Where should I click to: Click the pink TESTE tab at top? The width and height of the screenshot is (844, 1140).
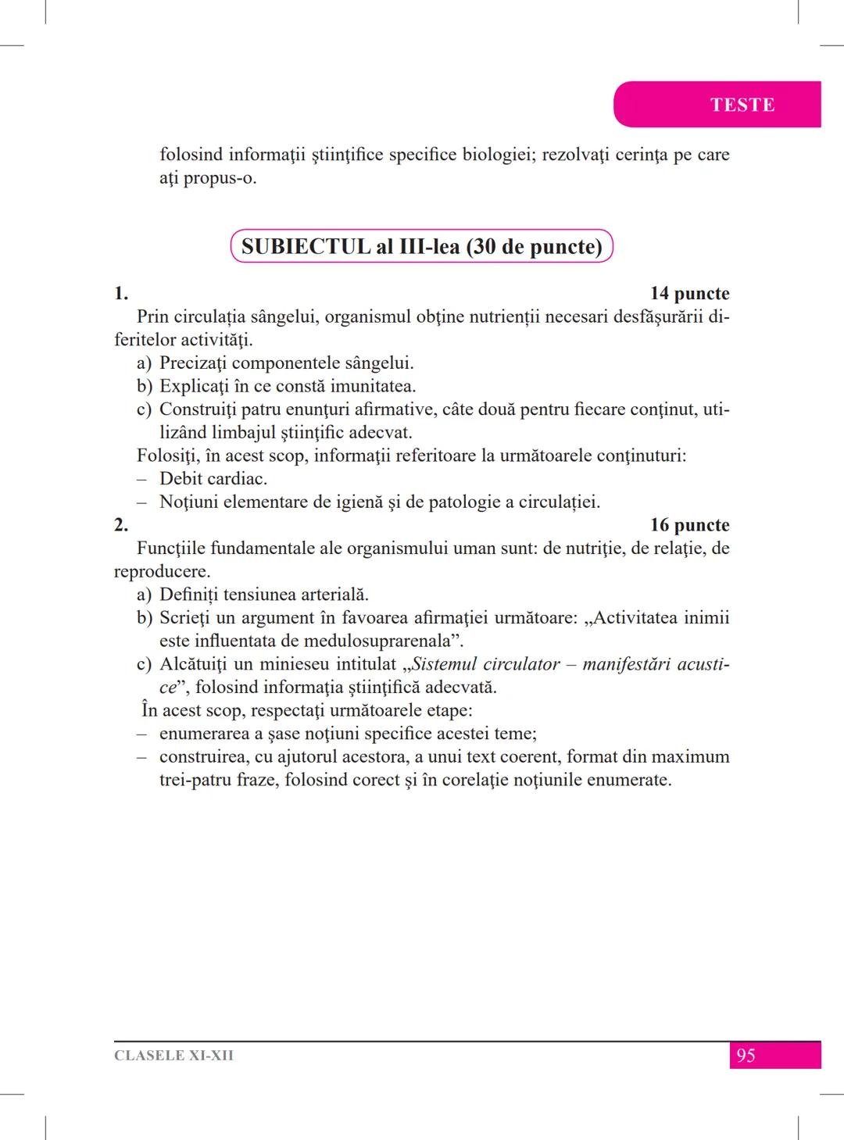(742, 105)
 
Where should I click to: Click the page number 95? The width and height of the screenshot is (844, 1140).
(746, 1056)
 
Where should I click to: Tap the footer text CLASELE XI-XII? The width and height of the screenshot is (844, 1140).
(173, 1056)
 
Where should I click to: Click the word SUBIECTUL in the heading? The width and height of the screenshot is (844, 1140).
(306, 247)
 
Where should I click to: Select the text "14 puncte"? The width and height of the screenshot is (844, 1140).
(689, 294)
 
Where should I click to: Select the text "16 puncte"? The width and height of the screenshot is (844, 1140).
(689, 525)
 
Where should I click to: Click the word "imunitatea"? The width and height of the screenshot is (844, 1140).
(372, 386)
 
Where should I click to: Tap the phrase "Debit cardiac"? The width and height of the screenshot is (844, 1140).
(213, 478)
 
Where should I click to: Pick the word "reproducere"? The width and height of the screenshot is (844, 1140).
(161, 571)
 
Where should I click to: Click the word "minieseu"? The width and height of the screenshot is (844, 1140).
(295, 664)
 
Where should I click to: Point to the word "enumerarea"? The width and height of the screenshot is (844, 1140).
(205, 734)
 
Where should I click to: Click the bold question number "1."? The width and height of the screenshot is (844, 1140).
(121, 294)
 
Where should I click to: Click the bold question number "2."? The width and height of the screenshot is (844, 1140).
(121, 525)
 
